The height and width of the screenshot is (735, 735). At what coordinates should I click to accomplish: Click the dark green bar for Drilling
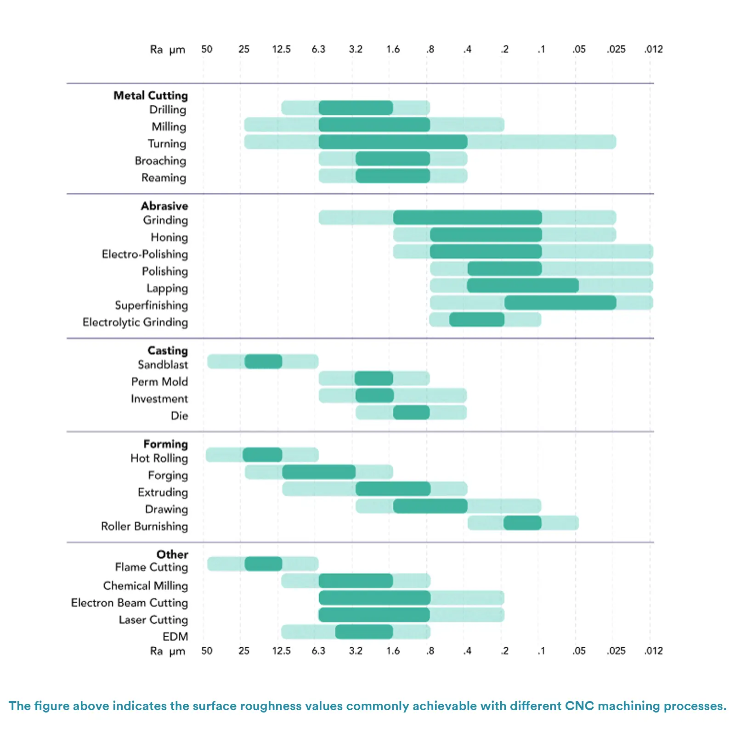pyautogui.click(x=356, y=108)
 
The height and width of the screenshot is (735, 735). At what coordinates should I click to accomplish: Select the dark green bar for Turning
pyautogui.click(x=393, y=142)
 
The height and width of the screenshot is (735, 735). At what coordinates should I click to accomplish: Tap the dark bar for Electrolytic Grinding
pyautogui.click(x=476, y=320)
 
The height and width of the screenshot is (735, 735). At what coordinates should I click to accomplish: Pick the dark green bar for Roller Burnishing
pyautogui.click(x=522, y=523)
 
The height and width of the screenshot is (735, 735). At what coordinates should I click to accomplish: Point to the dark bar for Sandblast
pyautogui.click(x=263, y=362)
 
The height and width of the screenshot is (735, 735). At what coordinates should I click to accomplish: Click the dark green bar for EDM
pyautogui.click(x=364, y=632)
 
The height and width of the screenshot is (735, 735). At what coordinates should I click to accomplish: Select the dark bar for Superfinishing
pyautogui.click(x=560, y=303)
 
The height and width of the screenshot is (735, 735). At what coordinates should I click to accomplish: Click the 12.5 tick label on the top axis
pyautogui.click(x=281, y=49)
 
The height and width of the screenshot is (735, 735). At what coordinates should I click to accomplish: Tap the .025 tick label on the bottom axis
pyautogui.click(x=616, y=651)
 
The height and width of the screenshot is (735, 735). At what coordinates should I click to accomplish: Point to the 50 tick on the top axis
pyautogui.click(x=207, y=49)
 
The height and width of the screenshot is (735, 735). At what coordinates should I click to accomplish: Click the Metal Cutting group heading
pyautogui.click(x=151, y=96)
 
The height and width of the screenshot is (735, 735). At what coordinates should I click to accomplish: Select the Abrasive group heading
pyautogui.click(x=164, y=206)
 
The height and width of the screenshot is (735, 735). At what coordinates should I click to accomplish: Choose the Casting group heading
pyautogui.click(x=168, y=351)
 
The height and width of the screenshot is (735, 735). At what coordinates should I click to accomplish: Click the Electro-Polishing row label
pyautogui.click(x=145, y=254)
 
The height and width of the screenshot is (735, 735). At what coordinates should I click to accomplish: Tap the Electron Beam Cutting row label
pyautogui.click(x=130, y=603)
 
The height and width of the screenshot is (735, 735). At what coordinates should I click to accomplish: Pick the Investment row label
pyautogui.click(x=159, y=399)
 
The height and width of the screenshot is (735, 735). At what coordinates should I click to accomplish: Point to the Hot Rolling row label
pyautogui.click(x=159, y=458)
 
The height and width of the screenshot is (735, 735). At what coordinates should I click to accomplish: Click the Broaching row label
pyautogui.click(x=160, y=161)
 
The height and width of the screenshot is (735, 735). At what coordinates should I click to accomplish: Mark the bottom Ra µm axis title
pyautogui.click(x=167, y=651)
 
